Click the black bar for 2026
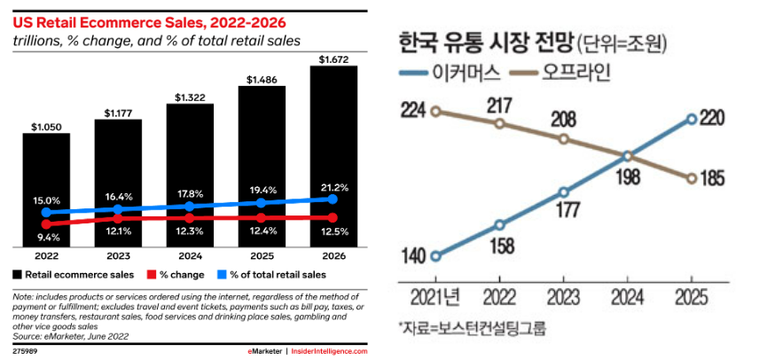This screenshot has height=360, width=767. click(333, 156)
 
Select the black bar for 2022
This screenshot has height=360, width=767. click(46, 190)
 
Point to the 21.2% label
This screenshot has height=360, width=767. click(334, 186)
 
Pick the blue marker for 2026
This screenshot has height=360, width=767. click(333, 200)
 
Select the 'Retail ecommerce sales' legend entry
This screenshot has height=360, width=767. click(75, 276)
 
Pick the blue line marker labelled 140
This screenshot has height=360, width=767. click(435, 256)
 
